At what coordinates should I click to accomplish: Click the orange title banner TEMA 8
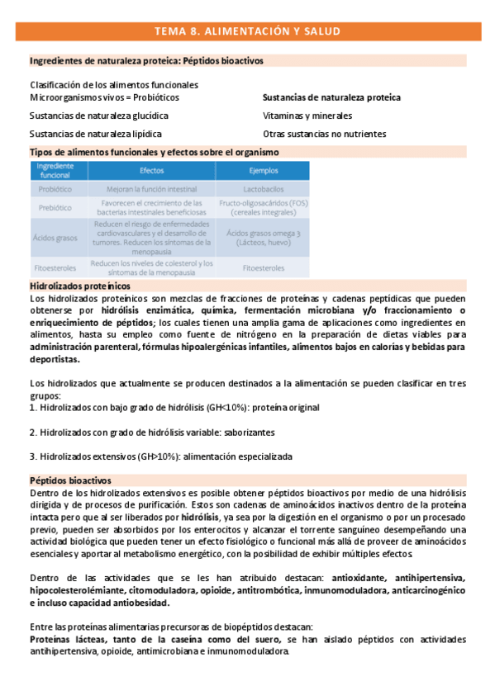point(247,31)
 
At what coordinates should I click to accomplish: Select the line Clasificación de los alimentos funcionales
point(114,85)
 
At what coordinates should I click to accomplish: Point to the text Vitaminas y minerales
point(307,116)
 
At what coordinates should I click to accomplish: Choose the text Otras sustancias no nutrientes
point(325,134)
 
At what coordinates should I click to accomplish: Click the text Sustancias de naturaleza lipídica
point(96,134)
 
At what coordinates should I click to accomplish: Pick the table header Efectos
point(151,170)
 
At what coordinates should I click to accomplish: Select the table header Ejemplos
point(264,170)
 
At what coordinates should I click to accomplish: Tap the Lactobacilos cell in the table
point(264,189)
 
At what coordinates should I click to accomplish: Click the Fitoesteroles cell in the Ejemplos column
point(264,268)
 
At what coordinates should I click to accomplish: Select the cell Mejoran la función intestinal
point(151,189)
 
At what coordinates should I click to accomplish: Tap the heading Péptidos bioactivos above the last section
point(70,480)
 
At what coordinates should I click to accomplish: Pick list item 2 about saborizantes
point(152,432)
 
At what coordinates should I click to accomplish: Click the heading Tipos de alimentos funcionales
point(154,152)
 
